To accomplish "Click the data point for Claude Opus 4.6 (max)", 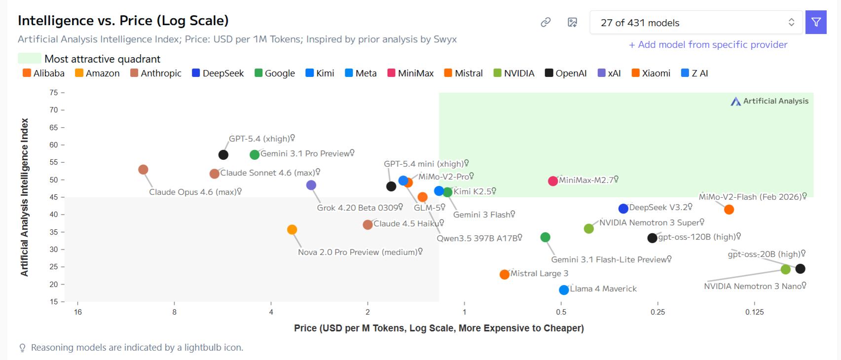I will point(143,170).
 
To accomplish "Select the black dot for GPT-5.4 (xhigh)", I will point(223,155).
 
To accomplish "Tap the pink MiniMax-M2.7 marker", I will point(553,181).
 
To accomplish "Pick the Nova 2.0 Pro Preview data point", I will point(292,230).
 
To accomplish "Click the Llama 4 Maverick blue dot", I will point(564,290).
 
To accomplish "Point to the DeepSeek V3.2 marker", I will point(623,209).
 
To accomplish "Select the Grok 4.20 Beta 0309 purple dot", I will point(311,185).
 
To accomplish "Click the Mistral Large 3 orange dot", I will point(504,275).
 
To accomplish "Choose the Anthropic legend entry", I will point(156,73).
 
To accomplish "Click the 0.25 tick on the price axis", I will point(658,312).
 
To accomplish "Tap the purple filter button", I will point(816,23).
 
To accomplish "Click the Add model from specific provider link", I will point(708,45).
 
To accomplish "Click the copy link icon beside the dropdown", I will point(546,23).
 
